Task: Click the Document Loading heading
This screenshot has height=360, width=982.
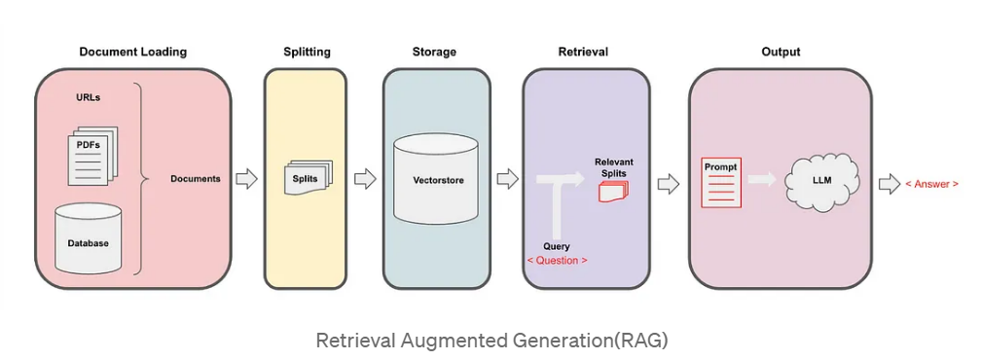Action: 132,52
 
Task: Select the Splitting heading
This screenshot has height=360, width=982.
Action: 307,52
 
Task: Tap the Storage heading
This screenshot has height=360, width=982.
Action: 434,52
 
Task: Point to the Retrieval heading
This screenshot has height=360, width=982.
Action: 583,52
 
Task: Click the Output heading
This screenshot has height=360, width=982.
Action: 781,52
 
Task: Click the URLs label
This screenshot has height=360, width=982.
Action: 89,97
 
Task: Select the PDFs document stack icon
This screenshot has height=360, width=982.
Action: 92,156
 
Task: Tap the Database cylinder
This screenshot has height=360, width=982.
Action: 89,238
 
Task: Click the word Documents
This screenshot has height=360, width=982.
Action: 196,179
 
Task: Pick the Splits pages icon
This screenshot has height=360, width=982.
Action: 309,177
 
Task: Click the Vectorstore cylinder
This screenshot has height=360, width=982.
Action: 435,181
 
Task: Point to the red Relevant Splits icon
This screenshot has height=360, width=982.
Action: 613,191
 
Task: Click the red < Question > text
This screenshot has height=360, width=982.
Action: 557,261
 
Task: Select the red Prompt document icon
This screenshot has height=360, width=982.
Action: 721,182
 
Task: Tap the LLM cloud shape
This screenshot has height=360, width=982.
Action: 821,179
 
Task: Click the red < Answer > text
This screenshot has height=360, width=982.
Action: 931,184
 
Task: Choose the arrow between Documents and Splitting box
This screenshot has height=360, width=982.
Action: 246,179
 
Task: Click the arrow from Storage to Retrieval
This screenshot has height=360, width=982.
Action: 507,179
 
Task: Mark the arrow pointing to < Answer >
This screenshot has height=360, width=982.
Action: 890,184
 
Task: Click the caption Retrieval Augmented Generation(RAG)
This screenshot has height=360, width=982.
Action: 491,341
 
